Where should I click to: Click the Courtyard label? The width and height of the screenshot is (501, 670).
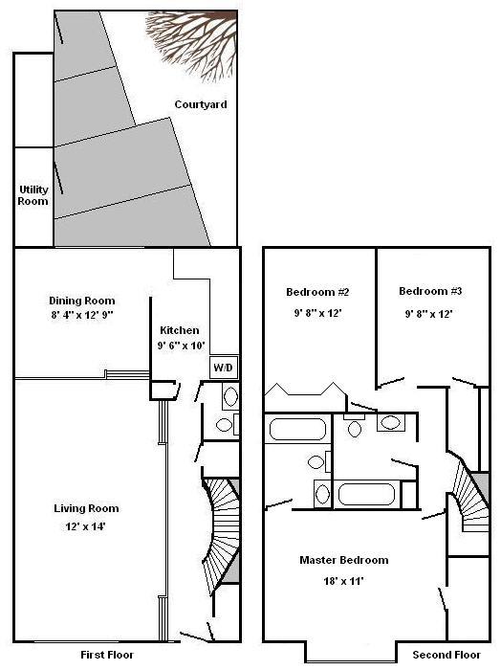tap(201, 104)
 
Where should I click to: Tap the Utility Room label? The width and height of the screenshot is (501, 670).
tap(33, 195)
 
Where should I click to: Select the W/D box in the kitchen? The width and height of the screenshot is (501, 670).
tap(222, 368)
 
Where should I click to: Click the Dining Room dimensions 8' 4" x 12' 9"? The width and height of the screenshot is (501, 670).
tap(81, 317)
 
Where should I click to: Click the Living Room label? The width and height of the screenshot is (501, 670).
tap(86, 508)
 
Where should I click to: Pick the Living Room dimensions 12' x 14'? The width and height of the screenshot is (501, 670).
tap(86, 525)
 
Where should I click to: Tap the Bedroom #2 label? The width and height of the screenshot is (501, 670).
tap(316, 292)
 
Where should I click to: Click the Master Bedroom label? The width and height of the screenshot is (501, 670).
tap(343, 560)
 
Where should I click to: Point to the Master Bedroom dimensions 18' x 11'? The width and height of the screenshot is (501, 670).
tap(343, 580)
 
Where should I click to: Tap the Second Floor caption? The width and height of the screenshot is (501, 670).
tap(445, 656)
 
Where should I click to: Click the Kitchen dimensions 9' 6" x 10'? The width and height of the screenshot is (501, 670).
tap(181, 346)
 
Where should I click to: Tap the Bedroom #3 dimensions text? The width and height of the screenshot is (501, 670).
tap(425, 313)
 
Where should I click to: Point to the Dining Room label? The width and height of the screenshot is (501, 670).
tap(81, 301)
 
